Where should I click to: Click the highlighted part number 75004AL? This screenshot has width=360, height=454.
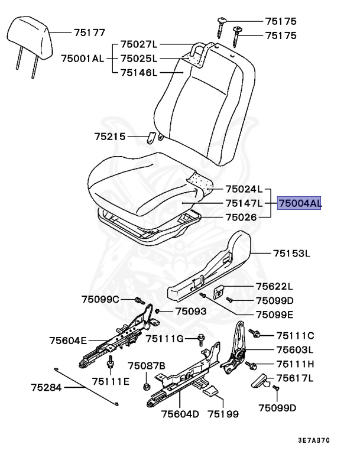[x=300, y=204]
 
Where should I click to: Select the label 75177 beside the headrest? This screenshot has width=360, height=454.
[x=89, y=33]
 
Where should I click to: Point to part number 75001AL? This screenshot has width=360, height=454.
[x=82, y=59]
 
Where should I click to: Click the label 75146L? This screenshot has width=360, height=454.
[x=139, y=73]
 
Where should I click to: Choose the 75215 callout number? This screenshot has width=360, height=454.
[x=110, y=137]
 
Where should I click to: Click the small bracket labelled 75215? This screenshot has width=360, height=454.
[x=151, y=138]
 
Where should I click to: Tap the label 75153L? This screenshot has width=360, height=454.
[x=291, y=254]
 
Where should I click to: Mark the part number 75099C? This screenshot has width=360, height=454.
[x=100, y=299]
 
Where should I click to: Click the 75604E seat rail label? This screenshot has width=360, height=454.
[x=68, y=340]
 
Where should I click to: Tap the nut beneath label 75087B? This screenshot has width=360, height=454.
[x=146, y=387]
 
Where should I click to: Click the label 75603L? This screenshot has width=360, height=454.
[x=295, y=349]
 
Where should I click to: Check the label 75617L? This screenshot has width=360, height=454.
[x=294, y=378]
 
